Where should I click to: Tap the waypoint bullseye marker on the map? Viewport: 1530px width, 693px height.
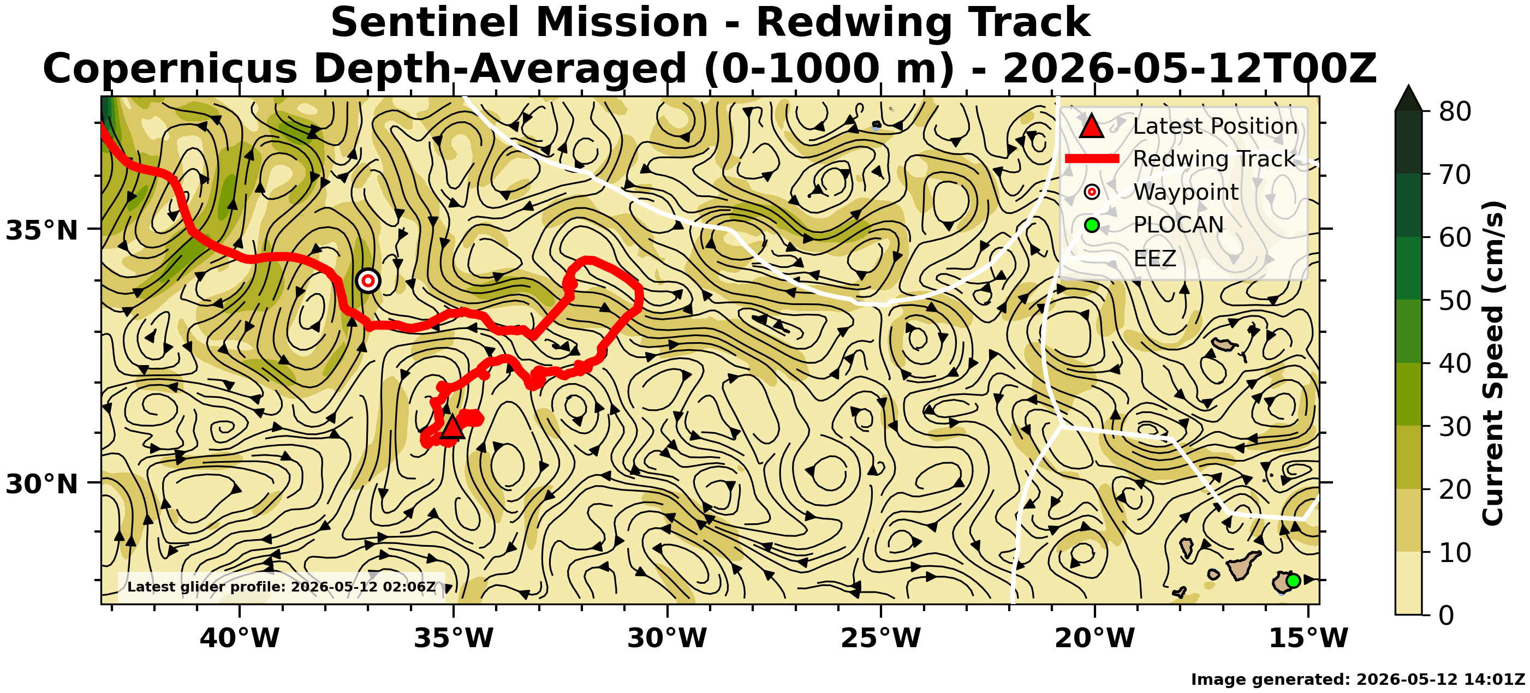click(368, 280)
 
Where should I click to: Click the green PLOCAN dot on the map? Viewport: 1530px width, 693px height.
click(1293, 580)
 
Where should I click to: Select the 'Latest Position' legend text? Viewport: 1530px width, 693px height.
click(1215, 126)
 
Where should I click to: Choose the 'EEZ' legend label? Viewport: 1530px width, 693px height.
click(1154, 258)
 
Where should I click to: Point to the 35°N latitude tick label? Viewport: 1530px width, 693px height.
click(42, 230)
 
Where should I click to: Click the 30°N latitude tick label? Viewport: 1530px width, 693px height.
click(42, 484)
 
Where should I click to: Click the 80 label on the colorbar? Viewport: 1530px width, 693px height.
click(1455, 111)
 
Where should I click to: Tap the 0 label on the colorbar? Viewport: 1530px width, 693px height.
click(1447, 615)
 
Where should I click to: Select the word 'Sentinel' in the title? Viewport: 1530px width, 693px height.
click(426, 22)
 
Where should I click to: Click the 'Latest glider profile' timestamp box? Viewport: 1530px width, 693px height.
click(282, 587)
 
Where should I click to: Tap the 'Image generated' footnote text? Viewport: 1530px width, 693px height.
click(1358, 679)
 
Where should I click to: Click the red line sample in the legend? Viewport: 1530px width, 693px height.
click(1092, 159)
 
